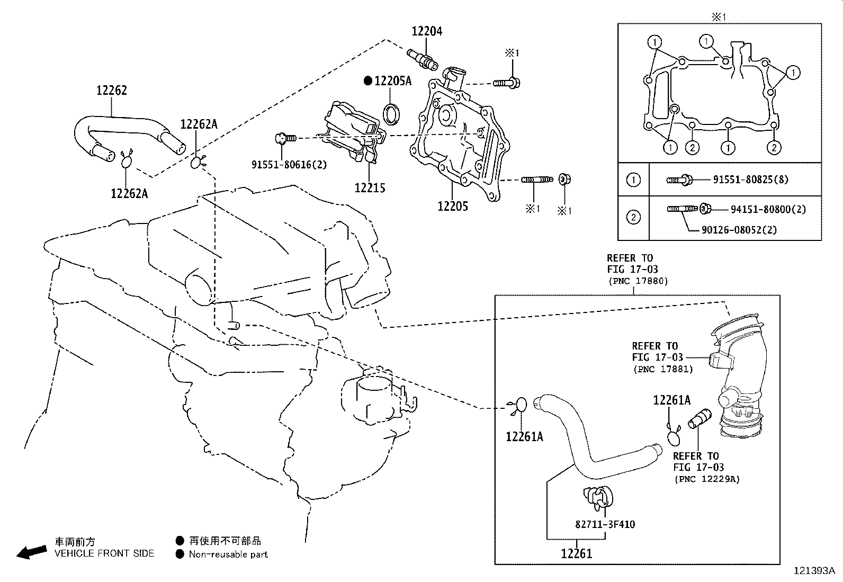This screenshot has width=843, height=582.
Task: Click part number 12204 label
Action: (x=427, y=31)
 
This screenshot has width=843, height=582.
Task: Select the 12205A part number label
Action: (x=392, y=81)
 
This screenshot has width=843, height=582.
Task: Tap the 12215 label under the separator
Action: (x=370, y=188)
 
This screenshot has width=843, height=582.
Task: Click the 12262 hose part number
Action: (x=111, y=91)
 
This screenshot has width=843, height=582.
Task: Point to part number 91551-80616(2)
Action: (x=289, y=165)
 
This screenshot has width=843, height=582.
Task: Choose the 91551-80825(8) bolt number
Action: (x=750, y=180)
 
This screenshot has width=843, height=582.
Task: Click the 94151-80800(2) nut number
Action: (x=768, y=210)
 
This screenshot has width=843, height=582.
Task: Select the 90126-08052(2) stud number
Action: (x=740, y=230)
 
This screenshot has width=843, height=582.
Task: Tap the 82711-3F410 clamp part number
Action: (x=605, y=524)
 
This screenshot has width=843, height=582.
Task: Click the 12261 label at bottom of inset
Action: (x=577, y=554)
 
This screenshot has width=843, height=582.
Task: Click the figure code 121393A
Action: (x=813, y=571)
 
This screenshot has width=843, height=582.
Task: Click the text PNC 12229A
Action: (x=706, y=479)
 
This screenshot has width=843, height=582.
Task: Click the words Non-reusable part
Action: (x=228, y=554)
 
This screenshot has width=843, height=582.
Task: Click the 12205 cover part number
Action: (x=453, y=207)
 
